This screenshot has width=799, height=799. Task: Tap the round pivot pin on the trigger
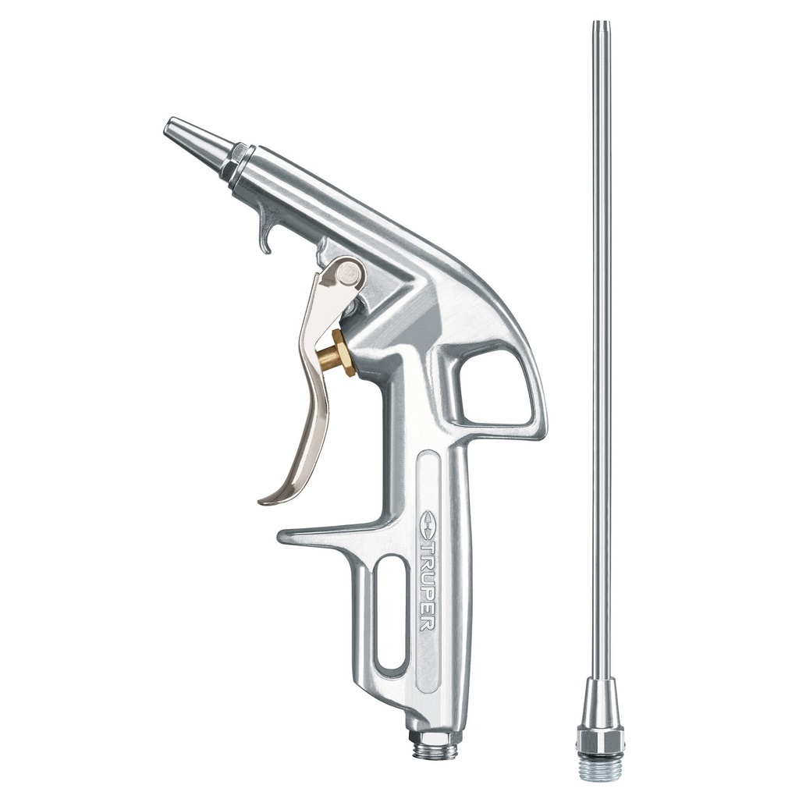(350, 273)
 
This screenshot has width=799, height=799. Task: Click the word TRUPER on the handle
(428, 585)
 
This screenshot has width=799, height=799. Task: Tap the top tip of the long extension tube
(599, 25)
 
